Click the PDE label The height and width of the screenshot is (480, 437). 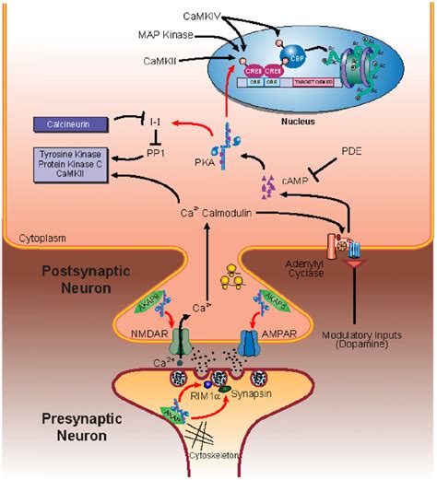pyautogui.click(x=351, y=148)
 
